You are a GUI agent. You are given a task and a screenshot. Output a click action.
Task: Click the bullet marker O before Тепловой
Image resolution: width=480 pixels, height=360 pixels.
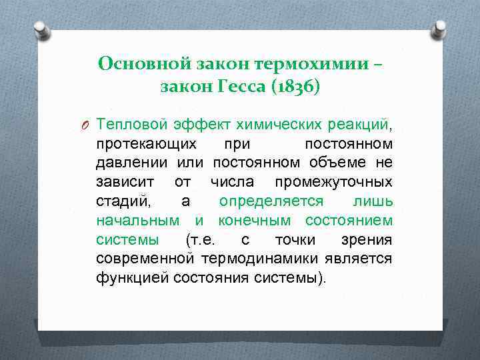(x=86, y=125)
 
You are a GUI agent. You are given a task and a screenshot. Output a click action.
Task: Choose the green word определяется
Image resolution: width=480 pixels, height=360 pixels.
(x=271, y=201)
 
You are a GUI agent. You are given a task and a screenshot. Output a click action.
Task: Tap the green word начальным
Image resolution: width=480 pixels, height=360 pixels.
(x=137, y=220)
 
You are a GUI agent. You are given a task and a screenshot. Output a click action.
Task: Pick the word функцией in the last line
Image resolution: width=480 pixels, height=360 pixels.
(x=131, y=277)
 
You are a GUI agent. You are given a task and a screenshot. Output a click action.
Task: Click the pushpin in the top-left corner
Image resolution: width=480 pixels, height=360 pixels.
(x=41, y=29)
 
